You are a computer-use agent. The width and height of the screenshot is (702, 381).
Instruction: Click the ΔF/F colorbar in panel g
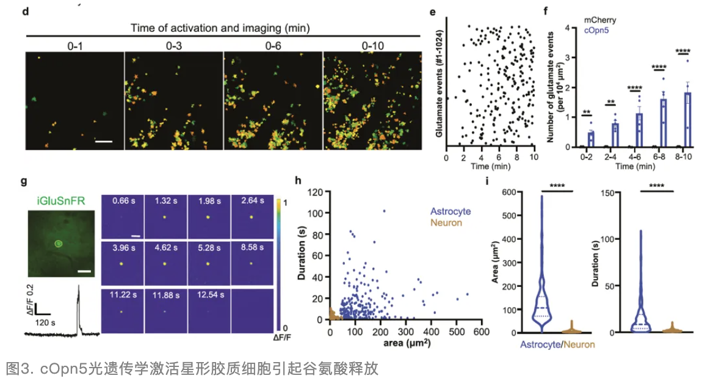click(278, 264)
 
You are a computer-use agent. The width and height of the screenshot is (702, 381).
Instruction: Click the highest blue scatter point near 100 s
click(384, 211)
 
